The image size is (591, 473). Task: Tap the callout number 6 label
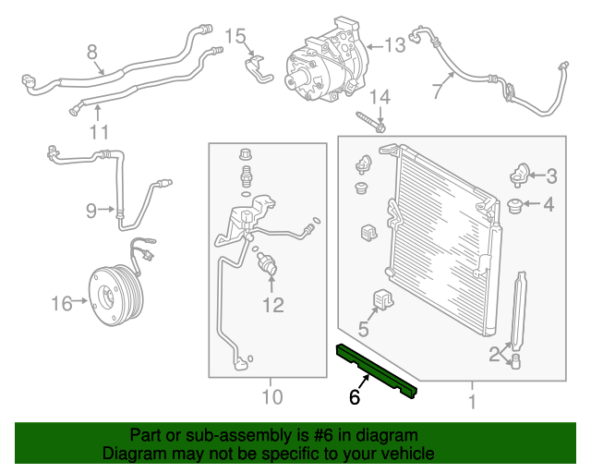tap(354, 398)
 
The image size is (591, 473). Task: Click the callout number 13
tap(394, 44)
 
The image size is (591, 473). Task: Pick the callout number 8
tap(91, 51)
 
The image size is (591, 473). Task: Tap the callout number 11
tap(99, 132)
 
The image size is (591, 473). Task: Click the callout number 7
tap(437, 91)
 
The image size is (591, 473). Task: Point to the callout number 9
tap(91, 211)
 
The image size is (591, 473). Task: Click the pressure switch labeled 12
tap(267, 262)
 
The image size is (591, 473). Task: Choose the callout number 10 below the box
tap(271, 400)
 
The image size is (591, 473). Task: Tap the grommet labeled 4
tap(517, 204)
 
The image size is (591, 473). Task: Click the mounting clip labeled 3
tap(521, 174)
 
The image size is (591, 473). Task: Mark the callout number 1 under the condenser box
tap(472, 402)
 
